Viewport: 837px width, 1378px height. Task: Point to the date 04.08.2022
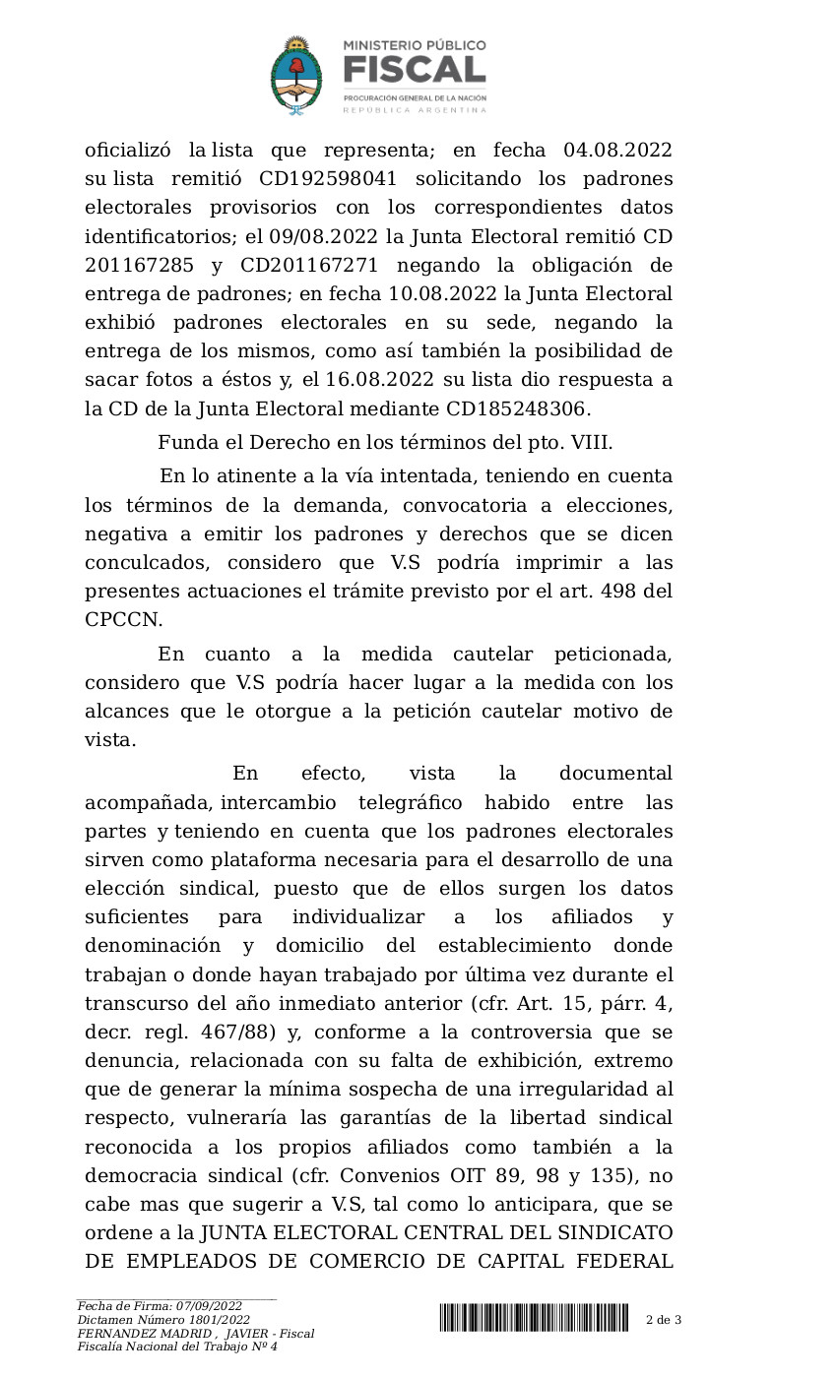tap(617, 151)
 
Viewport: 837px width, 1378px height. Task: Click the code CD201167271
tap(302, 265)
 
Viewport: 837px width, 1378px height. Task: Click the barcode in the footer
tap(534, 1318)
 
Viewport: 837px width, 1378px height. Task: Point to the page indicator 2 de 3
tap(664, 1319)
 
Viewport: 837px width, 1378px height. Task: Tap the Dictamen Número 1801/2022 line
tap(163, 1320)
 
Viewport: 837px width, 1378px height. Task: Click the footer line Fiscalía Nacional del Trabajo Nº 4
tap(177, 1347)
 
